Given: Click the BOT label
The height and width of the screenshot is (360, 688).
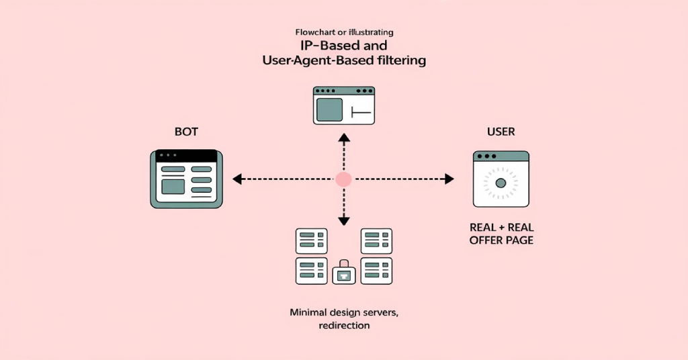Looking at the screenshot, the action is pos(186,132).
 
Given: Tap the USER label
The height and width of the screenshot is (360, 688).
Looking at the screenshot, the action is pos(501,132).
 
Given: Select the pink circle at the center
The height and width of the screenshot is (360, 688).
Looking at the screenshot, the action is pos(343,179).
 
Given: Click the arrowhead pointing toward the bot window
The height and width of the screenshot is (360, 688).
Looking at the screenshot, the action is pos(237,179).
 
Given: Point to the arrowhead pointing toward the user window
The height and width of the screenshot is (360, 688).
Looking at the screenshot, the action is pos(449,179).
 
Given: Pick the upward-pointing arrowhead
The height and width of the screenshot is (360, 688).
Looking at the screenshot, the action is pos(344,138).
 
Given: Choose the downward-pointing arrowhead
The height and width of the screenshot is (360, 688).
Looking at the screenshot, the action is pos(344,220).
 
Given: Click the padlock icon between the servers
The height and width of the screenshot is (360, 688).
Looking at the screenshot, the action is pos(344,272).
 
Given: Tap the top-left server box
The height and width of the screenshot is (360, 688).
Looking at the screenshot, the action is pos(312,241).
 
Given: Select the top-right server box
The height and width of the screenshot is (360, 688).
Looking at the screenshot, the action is pos(376,241).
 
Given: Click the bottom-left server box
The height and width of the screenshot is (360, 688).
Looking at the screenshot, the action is pos(312,271).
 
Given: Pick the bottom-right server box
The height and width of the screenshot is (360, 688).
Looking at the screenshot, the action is pos(376,271).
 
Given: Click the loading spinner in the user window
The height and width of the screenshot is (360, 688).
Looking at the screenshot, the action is pos(501,183).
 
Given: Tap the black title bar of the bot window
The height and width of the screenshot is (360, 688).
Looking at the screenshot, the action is pos(187,156).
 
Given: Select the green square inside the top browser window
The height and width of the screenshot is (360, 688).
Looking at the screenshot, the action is pos(329,109).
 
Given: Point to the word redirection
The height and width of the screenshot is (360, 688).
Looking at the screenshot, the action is pos(344,325).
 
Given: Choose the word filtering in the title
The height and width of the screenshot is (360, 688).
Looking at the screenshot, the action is pos(402,60).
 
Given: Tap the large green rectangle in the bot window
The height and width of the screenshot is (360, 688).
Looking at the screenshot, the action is pos(173,186).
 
